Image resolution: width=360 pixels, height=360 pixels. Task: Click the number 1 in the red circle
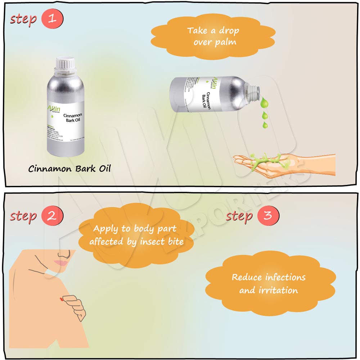click(52, 18)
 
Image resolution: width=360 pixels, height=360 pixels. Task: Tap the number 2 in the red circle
click(52, 216)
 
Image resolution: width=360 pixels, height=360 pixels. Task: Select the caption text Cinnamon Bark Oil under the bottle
click(69, 168)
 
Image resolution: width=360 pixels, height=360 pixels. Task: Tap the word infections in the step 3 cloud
click(285, 277)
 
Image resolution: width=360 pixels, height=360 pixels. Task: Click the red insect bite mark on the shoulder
click(62, 299)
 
